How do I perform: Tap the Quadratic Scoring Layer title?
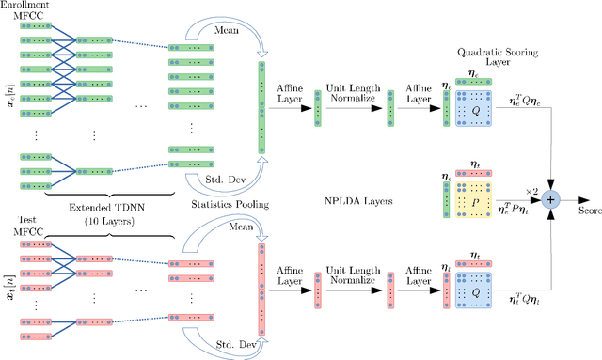pyautogui.click(x=480, y=60)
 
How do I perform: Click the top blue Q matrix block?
pyautogui.click(x=479, y=113)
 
